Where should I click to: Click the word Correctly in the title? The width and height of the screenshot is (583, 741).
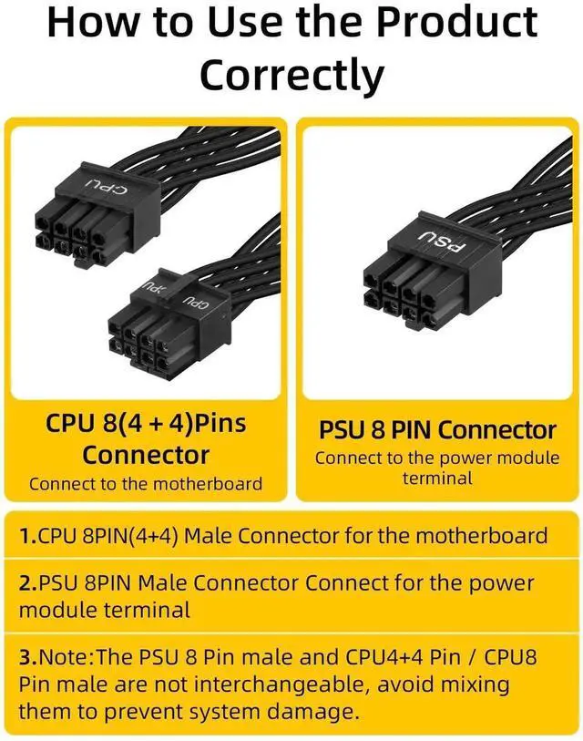pos(291,75)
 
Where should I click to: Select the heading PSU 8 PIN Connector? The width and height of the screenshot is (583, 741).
pos(437,430)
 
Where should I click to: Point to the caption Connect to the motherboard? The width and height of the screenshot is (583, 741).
pos(146,484)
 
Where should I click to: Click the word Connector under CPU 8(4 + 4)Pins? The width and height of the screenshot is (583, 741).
pos(146,455)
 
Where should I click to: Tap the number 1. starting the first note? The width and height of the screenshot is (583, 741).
pos(27,535)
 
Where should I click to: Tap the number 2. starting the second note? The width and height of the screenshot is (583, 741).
pos(27,582)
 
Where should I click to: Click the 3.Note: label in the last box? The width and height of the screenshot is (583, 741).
pos(54,656)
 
